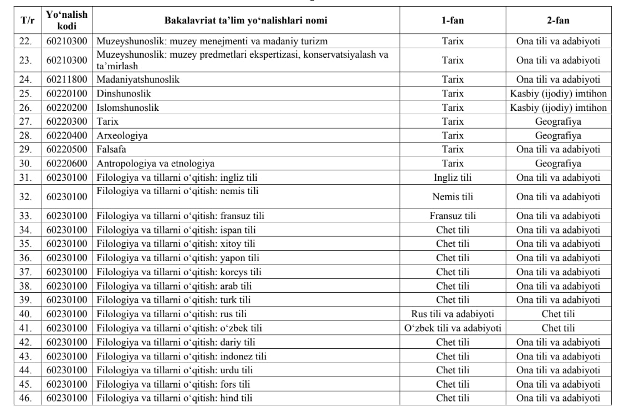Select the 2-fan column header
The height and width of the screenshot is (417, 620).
[x=558, y=21]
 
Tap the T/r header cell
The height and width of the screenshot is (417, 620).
[x=27, y=21]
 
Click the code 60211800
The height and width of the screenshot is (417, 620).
[x=67, y=79]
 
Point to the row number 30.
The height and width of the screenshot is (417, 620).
[x=27, y=164]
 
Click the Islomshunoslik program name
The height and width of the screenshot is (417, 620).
[x=128, y=108]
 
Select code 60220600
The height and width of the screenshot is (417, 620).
[x=67, y=164]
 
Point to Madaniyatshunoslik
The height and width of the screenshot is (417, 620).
[x=138, y=79]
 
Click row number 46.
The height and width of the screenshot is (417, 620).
[x=27, y=398]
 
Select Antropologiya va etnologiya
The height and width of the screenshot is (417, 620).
[x=156, y=164]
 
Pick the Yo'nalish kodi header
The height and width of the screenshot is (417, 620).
[x=67, y=21]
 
